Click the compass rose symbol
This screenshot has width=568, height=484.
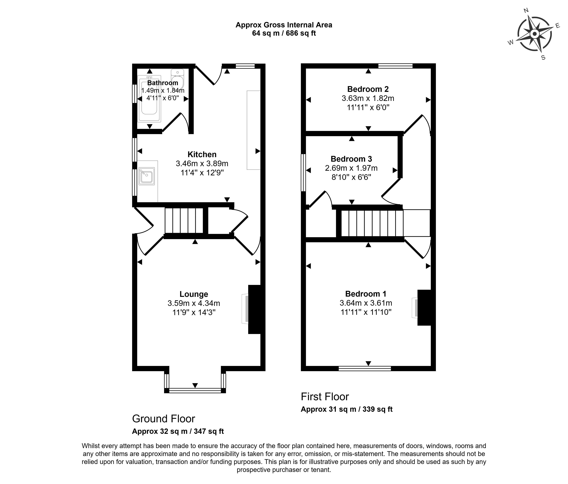pyautogui.click(x=534, y=34)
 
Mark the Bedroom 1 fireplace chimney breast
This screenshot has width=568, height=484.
pyautogui.click(x=424, y=307)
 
